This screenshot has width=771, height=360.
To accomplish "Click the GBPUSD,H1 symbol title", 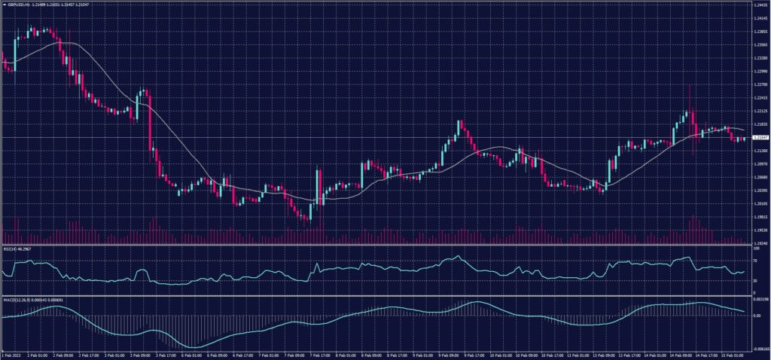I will point(16,4).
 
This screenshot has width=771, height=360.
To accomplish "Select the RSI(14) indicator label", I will point(9,248).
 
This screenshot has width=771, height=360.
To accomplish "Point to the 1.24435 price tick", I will point(759,5).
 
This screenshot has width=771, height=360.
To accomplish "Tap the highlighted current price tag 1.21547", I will point(759,138).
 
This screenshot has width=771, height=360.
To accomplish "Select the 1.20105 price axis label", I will point(759,203).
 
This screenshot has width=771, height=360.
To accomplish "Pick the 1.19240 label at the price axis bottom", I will point(759,243).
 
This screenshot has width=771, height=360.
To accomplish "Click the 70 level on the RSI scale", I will point(754,261).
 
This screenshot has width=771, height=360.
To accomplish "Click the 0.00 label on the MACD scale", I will point(755,315).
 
